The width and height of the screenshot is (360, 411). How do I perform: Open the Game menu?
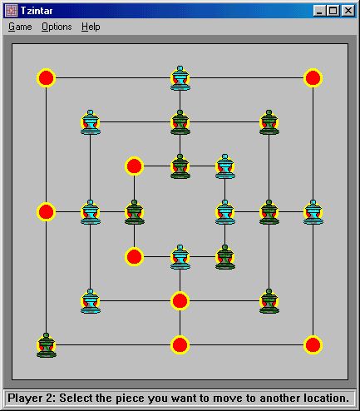pos(20,27)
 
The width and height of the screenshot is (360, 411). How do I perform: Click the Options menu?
pos(57,27)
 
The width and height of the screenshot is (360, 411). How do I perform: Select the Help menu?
pos(91,27)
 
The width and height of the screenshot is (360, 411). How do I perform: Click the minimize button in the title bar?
pos(319,11)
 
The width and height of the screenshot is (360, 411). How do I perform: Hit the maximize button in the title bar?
pos(333,11)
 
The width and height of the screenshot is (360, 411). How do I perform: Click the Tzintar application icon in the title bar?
pos(11,11)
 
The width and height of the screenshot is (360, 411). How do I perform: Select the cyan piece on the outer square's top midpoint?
pos(180,78)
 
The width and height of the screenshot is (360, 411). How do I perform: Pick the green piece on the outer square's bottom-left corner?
pos(47,345)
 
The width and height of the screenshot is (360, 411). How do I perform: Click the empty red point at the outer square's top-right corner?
pos(313,78)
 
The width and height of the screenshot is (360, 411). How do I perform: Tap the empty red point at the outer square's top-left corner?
pos(47,78)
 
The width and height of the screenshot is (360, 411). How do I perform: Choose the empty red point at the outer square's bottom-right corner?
pos(313,345)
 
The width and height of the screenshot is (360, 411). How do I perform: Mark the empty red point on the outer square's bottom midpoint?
pos(180,345)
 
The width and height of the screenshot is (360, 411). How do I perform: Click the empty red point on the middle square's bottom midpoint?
pos(180,301)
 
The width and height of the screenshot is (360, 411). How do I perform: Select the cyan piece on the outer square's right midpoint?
pos(313,212)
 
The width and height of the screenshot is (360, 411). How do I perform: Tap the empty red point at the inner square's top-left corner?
pos(135,166)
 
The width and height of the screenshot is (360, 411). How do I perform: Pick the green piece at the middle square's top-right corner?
pos(269,122)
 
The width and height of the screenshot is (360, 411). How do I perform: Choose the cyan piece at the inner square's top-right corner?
pos(225,166)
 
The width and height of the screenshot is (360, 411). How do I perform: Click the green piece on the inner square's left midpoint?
pos(135,212)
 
